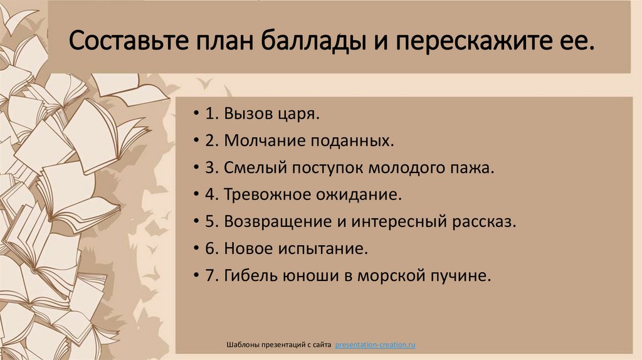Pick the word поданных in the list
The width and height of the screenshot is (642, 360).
351,142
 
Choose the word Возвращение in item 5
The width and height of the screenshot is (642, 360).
270,223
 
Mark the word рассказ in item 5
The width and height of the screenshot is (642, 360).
483,223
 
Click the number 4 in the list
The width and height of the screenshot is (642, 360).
208,196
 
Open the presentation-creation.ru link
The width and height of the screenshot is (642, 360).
376,345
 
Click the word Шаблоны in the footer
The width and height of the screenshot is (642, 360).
240,345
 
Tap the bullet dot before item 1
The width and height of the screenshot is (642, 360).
197,115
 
